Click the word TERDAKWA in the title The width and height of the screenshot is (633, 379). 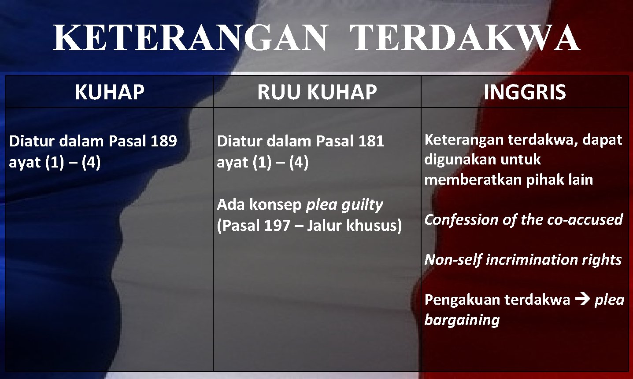click(466, 39)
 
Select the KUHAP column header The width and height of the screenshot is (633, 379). click(110, 92)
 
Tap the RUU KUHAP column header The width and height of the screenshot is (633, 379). click(317, 92)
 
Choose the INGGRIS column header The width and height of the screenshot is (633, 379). click(525, 92)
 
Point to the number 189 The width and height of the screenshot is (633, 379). click(164, 141)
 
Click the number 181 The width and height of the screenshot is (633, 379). click(371, 141)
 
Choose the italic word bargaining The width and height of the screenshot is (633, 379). click(462, 320)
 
